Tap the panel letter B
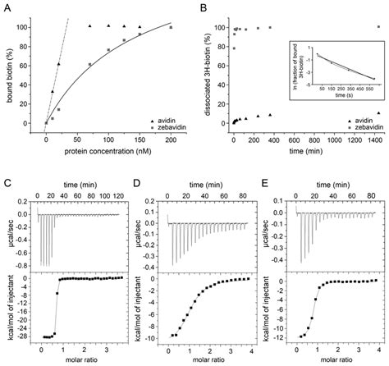(202, 7)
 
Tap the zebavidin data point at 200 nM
(171, 27)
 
